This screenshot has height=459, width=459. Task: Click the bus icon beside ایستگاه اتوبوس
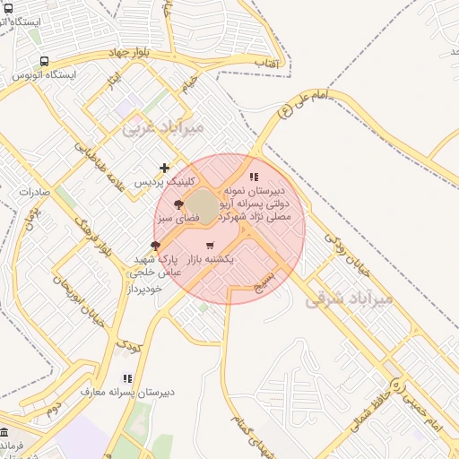[44, 61]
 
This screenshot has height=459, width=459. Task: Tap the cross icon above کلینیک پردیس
[164, 168]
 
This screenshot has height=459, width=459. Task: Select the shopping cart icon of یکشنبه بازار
[210, 246]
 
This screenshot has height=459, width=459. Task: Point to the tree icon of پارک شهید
[156, 245]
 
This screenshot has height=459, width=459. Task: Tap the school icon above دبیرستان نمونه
[254, 177]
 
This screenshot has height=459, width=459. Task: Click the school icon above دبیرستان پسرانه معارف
[127, 378]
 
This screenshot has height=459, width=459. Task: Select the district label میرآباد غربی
[163, 127]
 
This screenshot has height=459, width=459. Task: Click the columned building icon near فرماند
[5, 432]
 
